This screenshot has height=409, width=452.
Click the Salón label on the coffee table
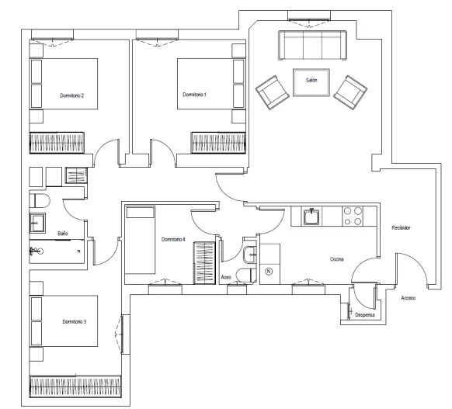(x=311, y=80)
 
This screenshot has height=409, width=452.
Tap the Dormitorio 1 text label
(x=194, y=95)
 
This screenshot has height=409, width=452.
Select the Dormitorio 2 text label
(x=71, y=95)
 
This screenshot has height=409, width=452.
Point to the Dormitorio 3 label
(x=75, y=321)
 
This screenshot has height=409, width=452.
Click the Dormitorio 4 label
(x=173, y=239)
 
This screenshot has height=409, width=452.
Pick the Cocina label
(x=337, y=259)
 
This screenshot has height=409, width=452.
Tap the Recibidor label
(x=401, y=228)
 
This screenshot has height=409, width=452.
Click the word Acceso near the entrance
(x=409, y=298)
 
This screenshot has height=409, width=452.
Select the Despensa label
(x=365, y=315)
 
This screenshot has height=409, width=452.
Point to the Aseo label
(x=226, y=277)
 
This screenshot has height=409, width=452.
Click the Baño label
(x=63, y=234)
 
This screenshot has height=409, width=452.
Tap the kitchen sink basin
(x=311, y=217)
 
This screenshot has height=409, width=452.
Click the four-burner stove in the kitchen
(x=353, y=216)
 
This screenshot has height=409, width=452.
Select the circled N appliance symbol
(x=269, y=272)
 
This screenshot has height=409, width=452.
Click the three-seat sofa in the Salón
(x=312, y=46)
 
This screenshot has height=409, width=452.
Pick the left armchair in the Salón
(x=272, y=92)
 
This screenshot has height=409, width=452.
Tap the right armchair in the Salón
(x=350, y=92)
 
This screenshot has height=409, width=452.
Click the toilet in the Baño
(x=40, y=201)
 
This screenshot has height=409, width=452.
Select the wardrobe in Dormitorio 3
(x=75, y=386)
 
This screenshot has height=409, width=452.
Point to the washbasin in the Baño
(x=37, y=223)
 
